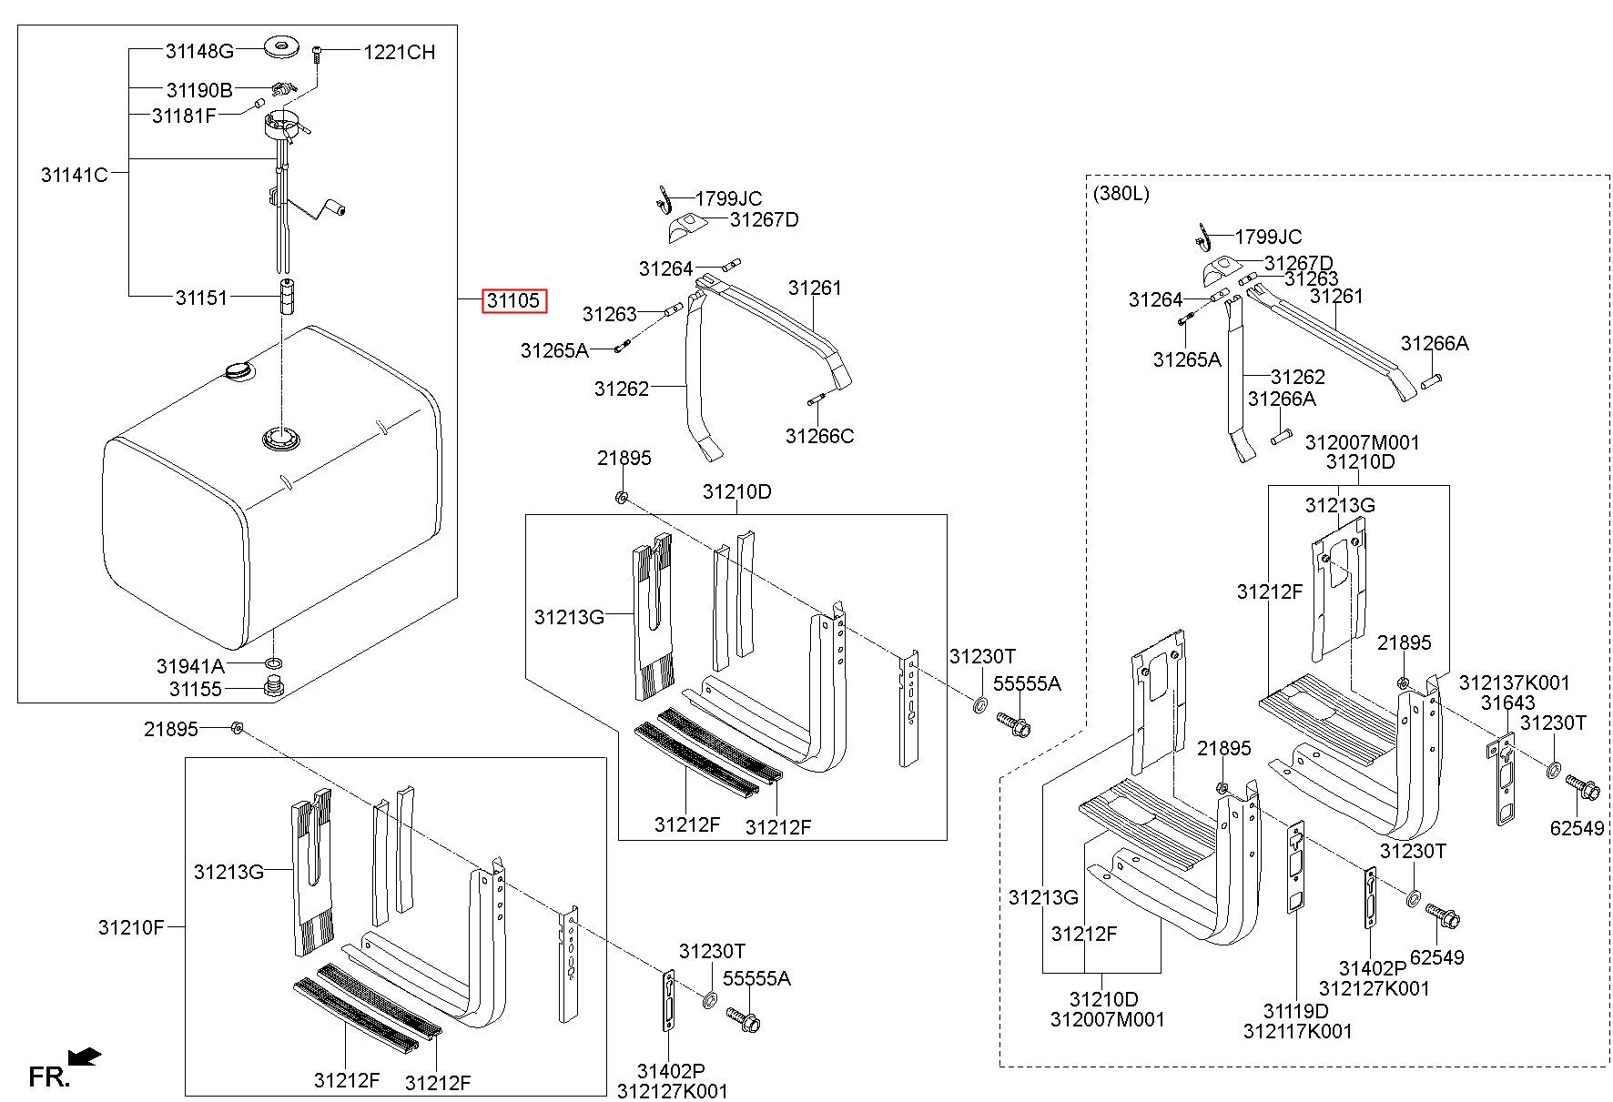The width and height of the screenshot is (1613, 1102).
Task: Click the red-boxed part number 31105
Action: pyautogui.click(x=514, y=300)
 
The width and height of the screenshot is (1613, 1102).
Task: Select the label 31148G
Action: pyautogui.click(x=199, y=51)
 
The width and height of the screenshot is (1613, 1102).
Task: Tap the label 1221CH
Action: pyautogui.click(x=399, y=53)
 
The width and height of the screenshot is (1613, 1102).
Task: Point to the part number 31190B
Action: pyautogui.click(x=199, y=90)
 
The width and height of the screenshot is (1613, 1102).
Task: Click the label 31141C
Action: pyautogui.click(x=74, y=174)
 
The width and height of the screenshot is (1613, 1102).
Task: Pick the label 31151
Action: pyautogui.click(x=201, y=298)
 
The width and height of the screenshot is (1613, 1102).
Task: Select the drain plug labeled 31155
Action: pyautogui.click(x=270, y=687)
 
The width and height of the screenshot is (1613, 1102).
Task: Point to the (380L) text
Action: pyautogui.click(x=1120, y=193)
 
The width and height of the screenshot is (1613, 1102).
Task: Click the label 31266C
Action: pyautogui.click(x=819, y=437)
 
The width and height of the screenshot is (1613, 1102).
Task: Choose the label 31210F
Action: pyautogui.click(x=131, y=927)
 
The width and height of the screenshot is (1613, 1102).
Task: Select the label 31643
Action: pyautogui.click(x=1507, y=703)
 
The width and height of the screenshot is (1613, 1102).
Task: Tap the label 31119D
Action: pyautogui.click(x=1295, y=1011)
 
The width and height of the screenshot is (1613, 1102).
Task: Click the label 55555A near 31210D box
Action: pyautogui.click(x=1026, y=683)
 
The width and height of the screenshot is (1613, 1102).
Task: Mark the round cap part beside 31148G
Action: pyautogui.click(x=281, y=45)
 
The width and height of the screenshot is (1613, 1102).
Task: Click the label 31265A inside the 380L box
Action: pyautogui.click(x=1187, y=359)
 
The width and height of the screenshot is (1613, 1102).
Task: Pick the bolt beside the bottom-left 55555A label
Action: pyautogui.click(x=744, y=1019)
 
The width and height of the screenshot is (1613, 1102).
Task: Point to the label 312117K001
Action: pyautogui.click(x=1297, y=1031)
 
